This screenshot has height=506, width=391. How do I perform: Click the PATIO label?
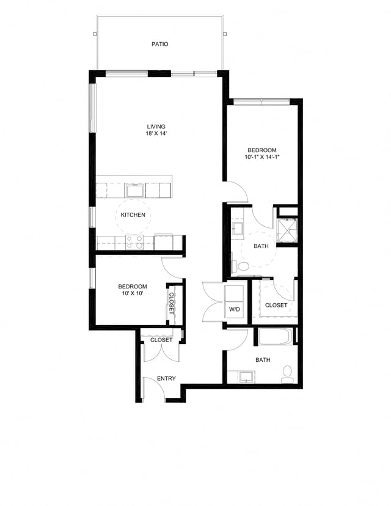click(x=160, y=44)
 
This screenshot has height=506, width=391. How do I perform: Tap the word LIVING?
click(x=156, y=127)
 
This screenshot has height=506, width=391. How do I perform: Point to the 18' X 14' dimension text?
click(x=156, y=134)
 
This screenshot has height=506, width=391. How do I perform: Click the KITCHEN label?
click(x=133, y=215)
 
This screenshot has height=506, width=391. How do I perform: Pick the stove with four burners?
click(x=134, y=242)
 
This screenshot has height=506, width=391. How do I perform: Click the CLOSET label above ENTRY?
click(x=161, y=340)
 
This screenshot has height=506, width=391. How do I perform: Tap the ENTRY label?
click(x=166, y=379)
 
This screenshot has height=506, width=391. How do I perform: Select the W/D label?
click(x=235, y=309)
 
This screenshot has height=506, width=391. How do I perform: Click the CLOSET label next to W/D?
click(x=276, y=305)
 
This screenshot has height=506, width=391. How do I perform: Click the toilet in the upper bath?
click(x=243, y=266)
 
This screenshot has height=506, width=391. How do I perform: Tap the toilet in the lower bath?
click(x=287, y=373)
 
